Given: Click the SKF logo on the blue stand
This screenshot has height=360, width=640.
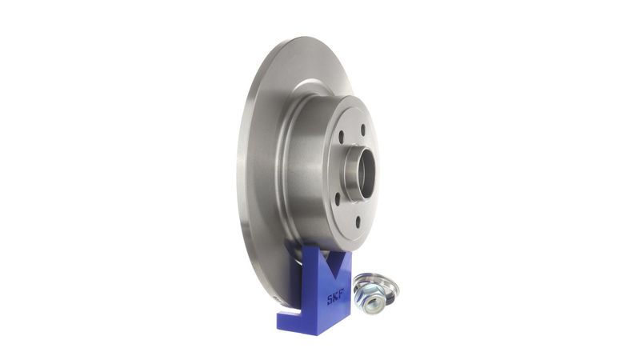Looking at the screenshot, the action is (x=335, y=297).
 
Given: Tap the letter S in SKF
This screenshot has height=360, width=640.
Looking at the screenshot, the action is (x=330, y=300).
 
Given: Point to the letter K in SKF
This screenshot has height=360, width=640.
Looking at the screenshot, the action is (x=336, y=297).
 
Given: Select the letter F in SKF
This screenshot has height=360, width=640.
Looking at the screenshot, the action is (x=342, y=294).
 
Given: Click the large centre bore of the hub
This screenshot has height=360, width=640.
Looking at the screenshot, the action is (x=366, y=174).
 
